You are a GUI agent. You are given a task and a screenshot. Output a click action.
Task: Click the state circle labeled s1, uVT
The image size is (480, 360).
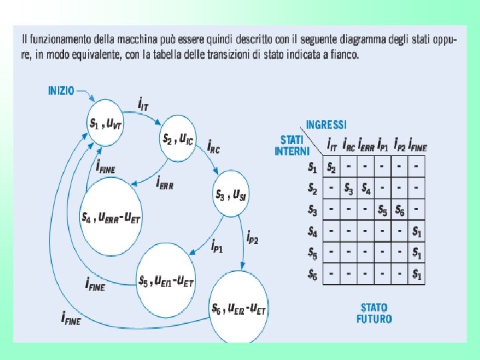(107, 122)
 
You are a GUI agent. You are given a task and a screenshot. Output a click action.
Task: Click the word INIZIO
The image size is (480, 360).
(61, 91)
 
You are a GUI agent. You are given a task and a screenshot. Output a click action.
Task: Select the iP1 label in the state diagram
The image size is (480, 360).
(217, 246)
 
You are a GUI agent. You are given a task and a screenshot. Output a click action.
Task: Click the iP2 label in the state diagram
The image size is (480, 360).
(253, 236)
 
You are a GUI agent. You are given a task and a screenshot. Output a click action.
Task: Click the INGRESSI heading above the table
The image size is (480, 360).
(326, 125)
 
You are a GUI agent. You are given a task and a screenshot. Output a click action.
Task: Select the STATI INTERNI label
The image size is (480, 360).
(291, 146)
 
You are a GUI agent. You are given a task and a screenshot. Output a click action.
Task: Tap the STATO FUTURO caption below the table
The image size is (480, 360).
(374, 313)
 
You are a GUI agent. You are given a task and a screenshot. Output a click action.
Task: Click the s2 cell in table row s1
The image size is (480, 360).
(331, 166)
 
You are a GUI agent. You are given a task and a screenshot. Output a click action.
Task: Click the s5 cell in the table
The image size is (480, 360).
(383, 210)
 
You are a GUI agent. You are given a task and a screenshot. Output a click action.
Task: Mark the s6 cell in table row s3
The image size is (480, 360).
(399, 210)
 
